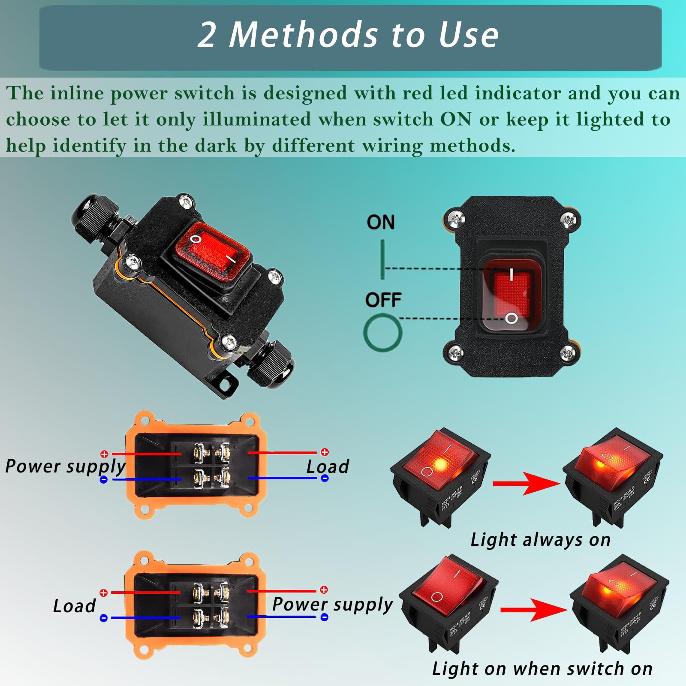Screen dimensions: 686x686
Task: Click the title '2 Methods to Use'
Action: click(x=348, y=35)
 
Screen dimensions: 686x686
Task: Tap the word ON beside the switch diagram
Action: click(x=380, y=223)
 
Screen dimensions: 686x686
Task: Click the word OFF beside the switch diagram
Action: click(x=383, y=300)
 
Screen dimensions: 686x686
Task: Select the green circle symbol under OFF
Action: click(x=382, y=333)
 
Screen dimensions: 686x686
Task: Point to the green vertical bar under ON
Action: click(x=382, y=259)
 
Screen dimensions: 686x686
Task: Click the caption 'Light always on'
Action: click(x=540, y=540)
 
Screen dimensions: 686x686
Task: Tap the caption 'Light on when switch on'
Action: click(x=542, y=668)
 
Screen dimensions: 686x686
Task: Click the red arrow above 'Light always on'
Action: click(x=526, y=484)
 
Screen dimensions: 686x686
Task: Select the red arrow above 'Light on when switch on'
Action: click(x=533, y=609)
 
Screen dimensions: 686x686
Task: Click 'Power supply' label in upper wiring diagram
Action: click(x=65, y=466)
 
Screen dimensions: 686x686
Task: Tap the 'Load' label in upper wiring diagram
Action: click(x=328, y=467)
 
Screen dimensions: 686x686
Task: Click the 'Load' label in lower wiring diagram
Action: click(x=74, y=606)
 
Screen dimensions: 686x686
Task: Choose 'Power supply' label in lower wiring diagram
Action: click(x=332, y=605)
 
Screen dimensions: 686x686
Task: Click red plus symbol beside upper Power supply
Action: click(x=104, y=454)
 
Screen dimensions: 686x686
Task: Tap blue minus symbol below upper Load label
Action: click(x=325, y=478)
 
